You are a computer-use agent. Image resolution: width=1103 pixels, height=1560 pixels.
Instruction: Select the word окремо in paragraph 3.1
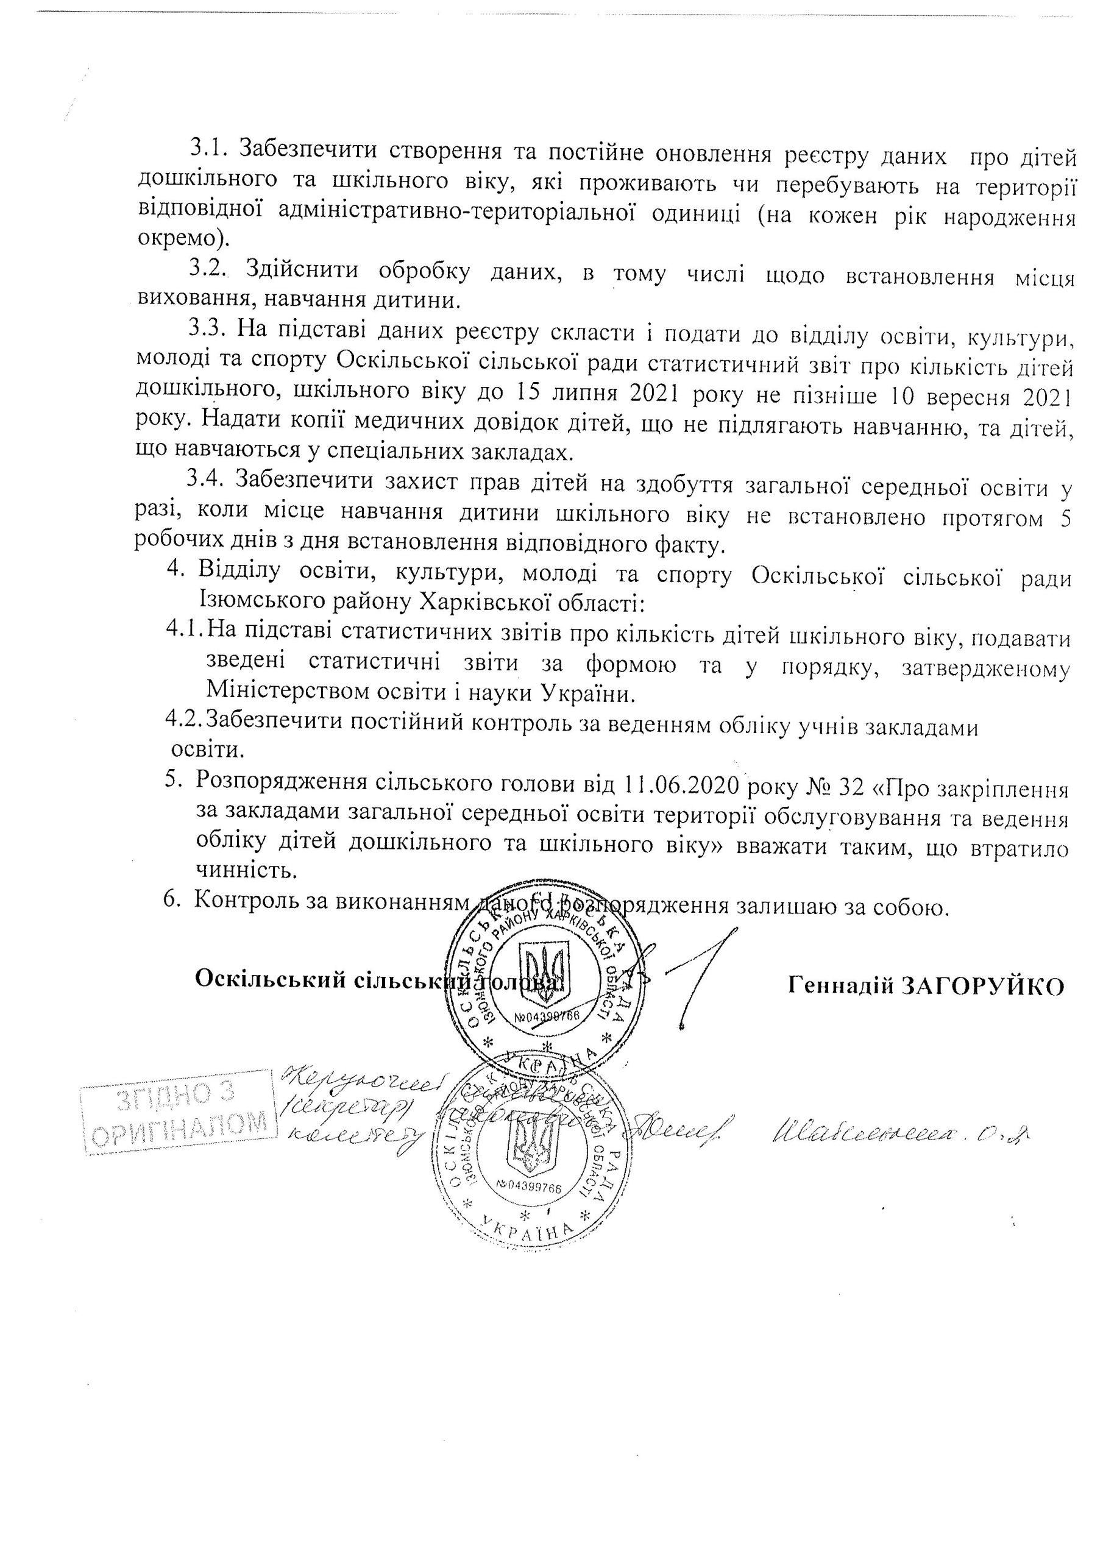pyautogui.click(x=177, y=238)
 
